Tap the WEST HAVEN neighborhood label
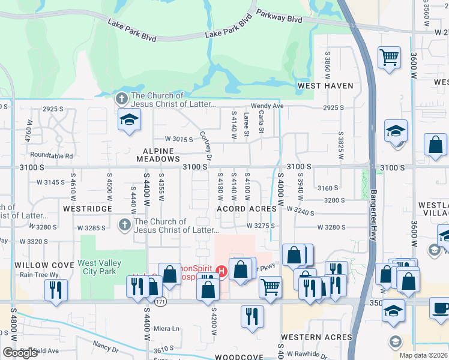(x=325, y=86)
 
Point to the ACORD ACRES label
(x=247, y=209)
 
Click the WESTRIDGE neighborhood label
(x=88, y=209)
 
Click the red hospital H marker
(x=222, y=271)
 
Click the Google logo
(x=20, y=353)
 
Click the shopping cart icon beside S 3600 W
(x=390, y=58)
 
